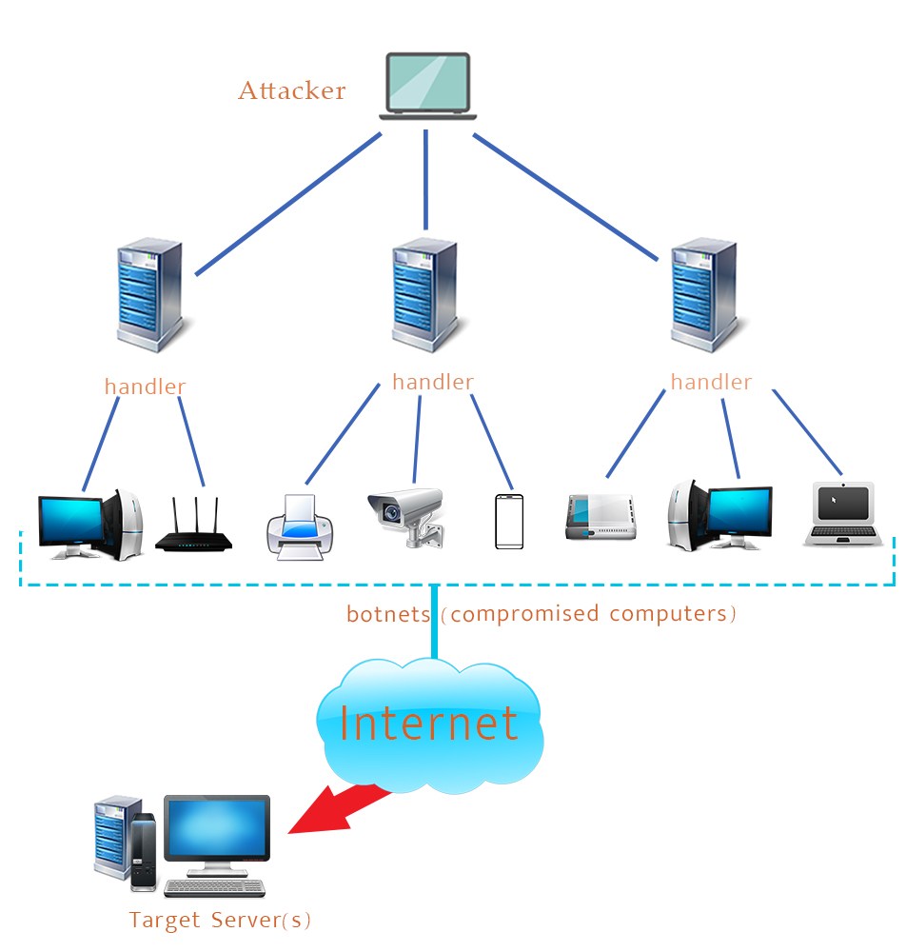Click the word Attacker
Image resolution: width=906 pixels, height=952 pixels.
pyautogui.click(x=291, y=91)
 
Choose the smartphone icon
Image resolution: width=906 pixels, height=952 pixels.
pyautogui.click(x=509, y=521)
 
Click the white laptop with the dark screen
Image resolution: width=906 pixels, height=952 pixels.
pyautogui.click(x=841, y=513)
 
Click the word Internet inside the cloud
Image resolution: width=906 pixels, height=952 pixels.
pyautogui.click(x=428, y=724)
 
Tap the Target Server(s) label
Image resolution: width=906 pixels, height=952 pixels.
pyautogui.click(x=221, y=921)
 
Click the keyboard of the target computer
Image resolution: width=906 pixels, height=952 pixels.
pyautogui.click(x=215, y=887)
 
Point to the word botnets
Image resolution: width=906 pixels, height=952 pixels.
pyautogui.click(x=388, y=614)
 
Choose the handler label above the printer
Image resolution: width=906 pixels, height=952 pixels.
pyautogui.click(x=432, y=382)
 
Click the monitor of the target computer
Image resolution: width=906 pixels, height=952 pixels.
pyautogui.click(x=217, y=828)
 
